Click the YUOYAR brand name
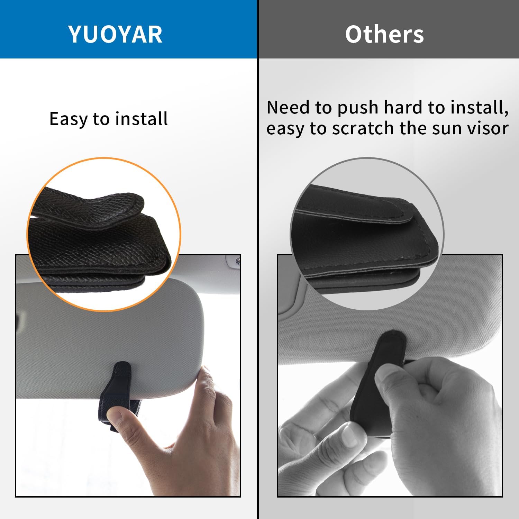115,34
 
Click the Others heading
384,34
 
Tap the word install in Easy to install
142,119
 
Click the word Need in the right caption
288,107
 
